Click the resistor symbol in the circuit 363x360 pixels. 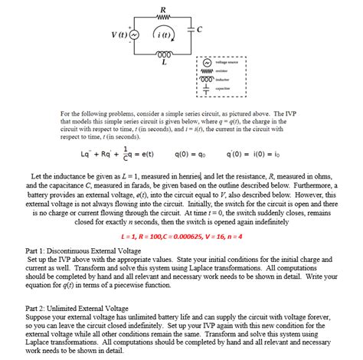[161, 17]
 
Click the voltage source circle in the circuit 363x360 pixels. [135, 34]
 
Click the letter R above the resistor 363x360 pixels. [162, 8]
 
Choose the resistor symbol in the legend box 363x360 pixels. [204, 70]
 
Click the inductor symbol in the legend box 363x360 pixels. [204, 80]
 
